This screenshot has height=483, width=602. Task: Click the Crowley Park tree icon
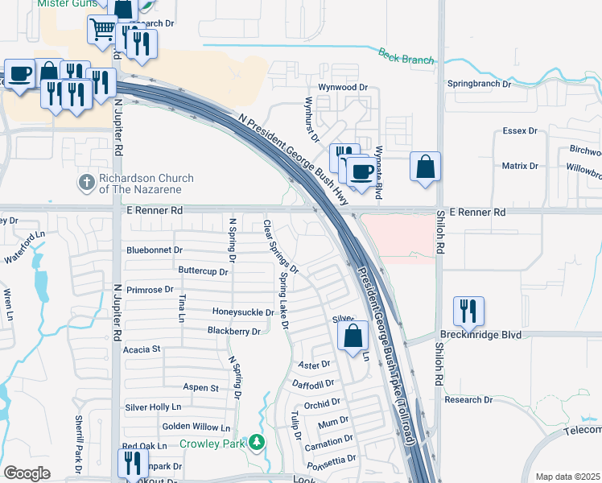coord(257,442)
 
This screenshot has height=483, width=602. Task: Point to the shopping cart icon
coord(103,30)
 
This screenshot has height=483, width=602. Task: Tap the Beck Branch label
coord(406,56)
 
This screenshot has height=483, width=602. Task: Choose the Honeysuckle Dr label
coord(243,312)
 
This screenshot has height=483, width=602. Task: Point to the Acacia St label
coord(142,349)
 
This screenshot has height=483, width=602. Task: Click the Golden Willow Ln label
coord(196,427)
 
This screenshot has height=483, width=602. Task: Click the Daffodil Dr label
coord(312,384)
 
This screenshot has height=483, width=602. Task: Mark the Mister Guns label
coord(64,4)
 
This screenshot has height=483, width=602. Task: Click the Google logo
coord(27,473)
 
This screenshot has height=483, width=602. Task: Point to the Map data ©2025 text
coord(567,477)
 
